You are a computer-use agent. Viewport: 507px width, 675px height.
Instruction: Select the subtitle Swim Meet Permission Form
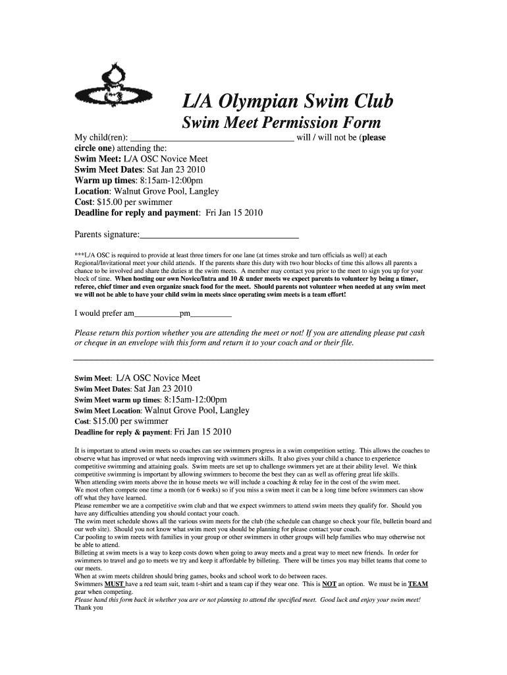click(281, 123)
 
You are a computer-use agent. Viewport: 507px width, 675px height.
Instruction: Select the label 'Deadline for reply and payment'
click(137, 213)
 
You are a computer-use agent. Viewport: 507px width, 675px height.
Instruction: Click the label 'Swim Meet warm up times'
click(117, 400)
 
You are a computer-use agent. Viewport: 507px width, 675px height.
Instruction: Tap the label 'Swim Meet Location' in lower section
click(107, 411)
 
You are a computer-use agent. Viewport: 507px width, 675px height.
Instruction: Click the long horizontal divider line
click(254, 360)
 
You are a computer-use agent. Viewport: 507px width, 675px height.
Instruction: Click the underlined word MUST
click(115, 584)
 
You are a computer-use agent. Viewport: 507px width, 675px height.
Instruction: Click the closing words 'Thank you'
click(89, 608)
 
